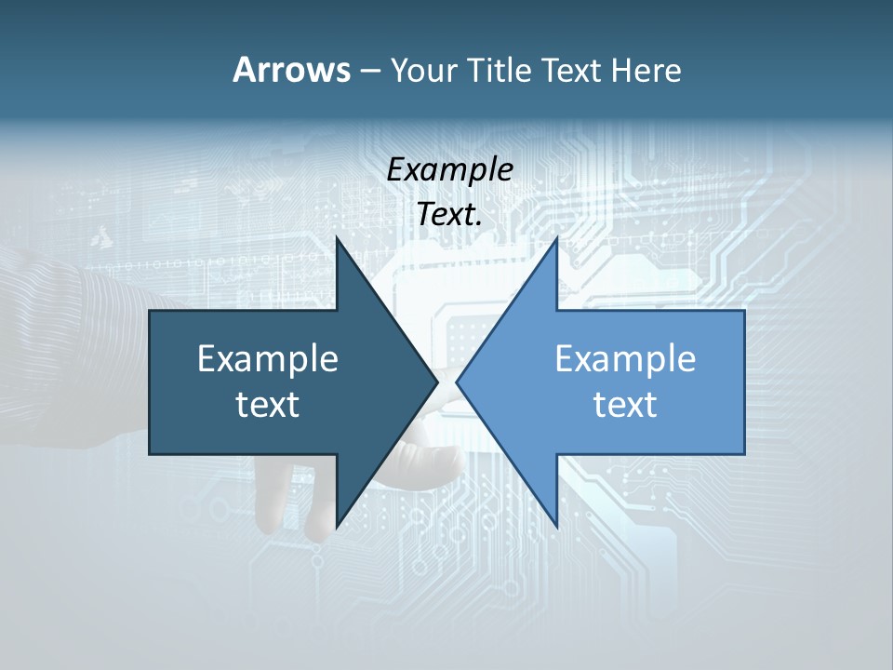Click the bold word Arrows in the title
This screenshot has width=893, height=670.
[x=290, y=70]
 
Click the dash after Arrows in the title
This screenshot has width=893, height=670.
[x=369, y=72]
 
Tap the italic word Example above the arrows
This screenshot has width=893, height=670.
[x=450, y=170]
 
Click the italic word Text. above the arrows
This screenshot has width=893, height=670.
[x=450, y=215]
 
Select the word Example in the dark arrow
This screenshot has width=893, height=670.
[x=268, y=359]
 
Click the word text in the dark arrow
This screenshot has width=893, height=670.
[x=268, y=405]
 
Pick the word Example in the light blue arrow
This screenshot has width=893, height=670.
[x=625, y=359]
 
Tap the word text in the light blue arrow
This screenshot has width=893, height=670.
[x=625, y=405]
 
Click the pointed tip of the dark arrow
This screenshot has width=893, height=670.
[x=437, y=382]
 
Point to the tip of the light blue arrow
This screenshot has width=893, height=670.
[x=457, y=382]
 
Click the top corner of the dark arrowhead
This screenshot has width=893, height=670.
[x=337, y=238]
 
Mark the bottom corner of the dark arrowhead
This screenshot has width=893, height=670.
[x=337, y=527]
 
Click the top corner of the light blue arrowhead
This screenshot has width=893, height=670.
[x=556, y=238]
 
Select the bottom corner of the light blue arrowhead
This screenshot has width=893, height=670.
[x=556, y=527]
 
